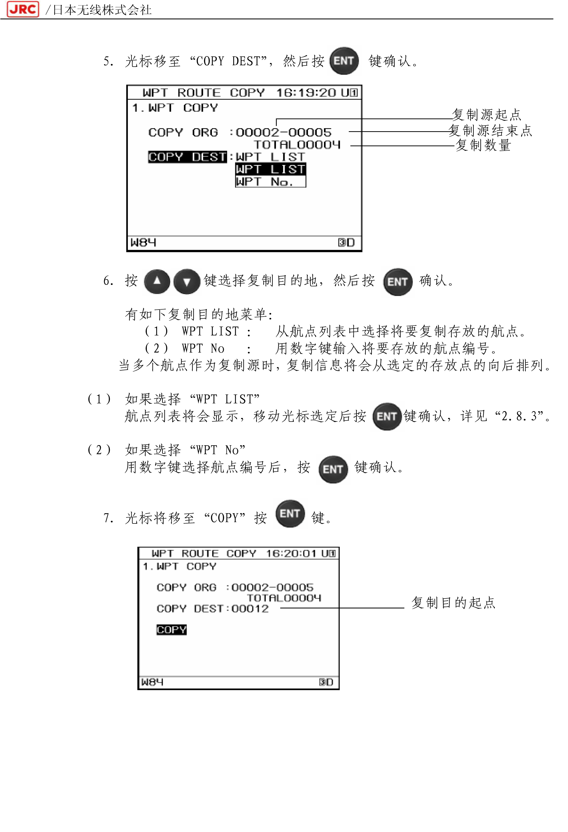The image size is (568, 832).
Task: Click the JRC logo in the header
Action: [x=23, y=9]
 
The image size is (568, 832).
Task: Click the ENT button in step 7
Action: [x=290, y=514]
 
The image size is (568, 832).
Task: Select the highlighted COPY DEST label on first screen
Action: [x=187, y=157]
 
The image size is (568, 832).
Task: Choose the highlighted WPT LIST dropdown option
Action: [x=271, y=169]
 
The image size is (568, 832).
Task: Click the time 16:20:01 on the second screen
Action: [x=291, y=554]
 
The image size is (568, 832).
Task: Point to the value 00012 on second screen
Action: [x=250, y=609]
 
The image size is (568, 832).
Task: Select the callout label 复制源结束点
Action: [x=490, y=130]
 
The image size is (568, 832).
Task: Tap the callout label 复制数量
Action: [x=483, y=145]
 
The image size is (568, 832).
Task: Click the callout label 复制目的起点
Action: [x=453, y=603]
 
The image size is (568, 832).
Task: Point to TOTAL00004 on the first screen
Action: [x=297, y=145]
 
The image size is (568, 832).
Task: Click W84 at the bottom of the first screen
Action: [x=143, y=242]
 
